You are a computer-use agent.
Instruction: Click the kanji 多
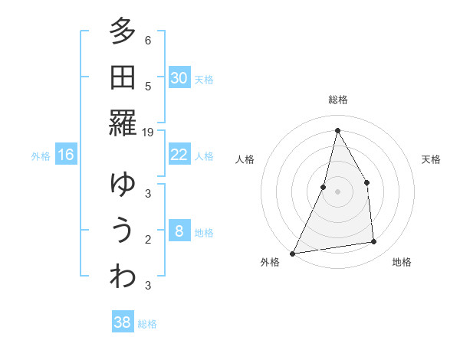[x=122, y=32]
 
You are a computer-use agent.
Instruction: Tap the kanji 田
[x=122, y=78]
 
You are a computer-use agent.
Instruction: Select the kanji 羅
[x=122, y=123]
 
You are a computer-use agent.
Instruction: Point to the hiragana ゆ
[x=122, y=185]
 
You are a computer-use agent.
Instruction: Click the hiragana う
[x=122, y=231]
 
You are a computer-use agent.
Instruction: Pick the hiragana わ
[x=122, y=277]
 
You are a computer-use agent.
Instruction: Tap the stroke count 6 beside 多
[x=147, y=41]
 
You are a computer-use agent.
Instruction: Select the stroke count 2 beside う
[x=147, y=240]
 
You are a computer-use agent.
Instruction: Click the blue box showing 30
[x=179, y=78]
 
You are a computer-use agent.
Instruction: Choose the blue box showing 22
[x=179, y=155]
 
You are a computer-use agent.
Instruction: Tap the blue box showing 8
[x=179, y=231]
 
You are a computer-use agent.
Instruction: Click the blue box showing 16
[x=66, y=155]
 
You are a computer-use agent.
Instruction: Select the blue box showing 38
[x=122, y=322]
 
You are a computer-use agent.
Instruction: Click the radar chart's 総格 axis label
[x=337, y=100]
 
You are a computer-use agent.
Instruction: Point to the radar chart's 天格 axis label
[x=432, y=159]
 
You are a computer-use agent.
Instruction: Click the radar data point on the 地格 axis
[x=374, y=242]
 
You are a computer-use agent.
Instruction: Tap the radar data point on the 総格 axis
[x=337, y=130]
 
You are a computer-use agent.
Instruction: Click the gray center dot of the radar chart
[x=337, y=191]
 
